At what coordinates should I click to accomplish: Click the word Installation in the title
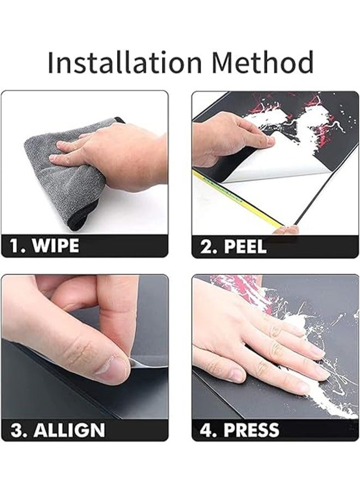pyautogui.click(x=124, y=62)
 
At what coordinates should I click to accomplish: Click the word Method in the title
pyautogui.click(x=262, y=62)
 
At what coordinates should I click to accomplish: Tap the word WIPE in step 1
pyautogui.click(x=56, y=246)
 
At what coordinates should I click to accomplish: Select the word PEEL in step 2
pyautogui.click(x=245, y=247)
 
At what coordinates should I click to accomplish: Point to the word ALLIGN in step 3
pyautogui.click(x=69, y=430)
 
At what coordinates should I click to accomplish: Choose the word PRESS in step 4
pyautogui.click(x=251, y=430)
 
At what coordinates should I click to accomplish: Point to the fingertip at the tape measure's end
pyautogui.click(x=285, y=230)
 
